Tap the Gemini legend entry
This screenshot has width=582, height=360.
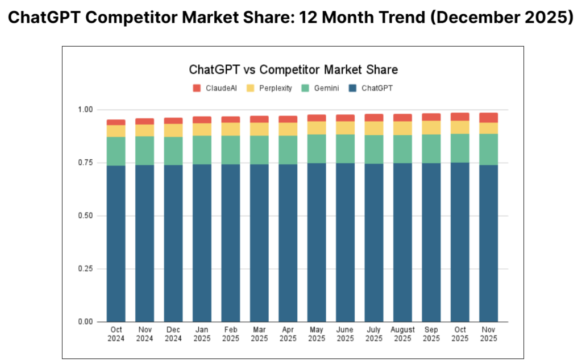[322, 88]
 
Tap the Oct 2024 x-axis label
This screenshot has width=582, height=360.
[116, 334]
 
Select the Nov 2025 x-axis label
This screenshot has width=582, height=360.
[488, 334]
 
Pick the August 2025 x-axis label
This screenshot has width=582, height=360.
[402, 334]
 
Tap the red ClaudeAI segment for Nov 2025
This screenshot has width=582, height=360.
[488, 118]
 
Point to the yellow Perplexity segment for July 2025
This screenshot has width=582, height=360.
[373, 128]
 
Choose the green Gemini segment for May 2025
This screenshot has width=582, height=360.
[317, 148]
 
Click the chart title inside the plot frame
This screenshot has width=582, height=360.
[293, 70]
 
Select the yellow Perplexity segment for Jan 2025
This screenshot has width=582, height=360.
[202, 129]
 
